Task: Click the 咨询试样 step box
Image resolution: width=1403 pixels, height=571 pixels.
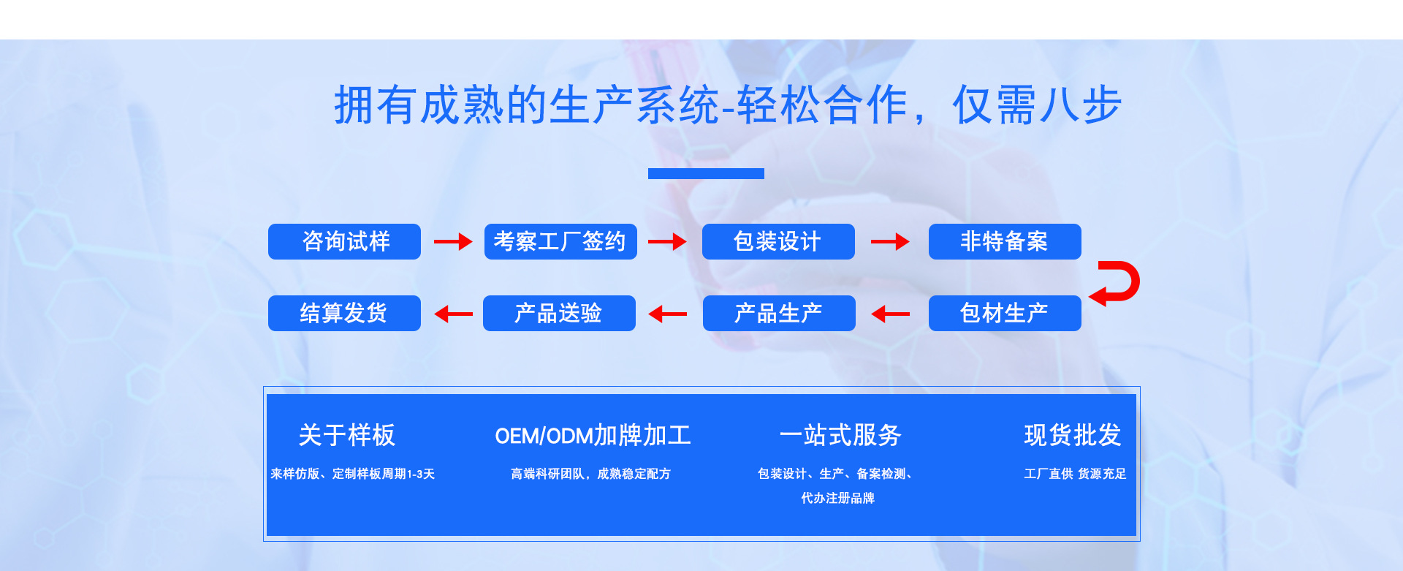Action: [x=344, y=241]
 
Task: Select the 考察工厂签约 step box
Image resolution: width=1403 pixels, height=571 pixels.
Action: [x=560, y=241]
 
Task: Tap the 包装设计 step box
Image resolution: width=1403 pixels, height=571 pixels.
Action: [x=778, y=241]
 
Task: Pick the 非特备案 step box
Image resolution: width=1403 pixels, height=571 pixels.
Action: [x=1005, y=241]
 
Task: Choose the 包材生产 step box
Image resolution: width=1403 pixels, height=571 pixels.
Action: [x=1005, y=313]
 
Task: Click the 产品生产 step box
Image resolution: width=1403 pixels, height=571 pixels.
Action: [x=779, y=313]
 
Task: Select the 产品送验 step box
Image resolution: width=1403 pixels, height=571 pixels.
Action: [x=559, y=313]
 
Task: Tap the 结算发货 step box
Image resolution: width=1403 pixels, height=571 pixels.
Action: [x=344, y=313]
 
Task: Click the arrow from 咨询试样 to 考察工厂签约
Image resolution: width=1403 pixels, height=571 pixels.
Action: [x=453, y=241]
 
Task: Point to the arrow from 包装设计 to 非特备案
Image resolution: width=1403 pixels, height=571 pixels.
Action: [x=890, y=241]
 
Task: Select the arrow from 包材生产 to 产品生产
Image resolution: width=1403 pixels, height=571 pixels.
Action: [x=890, y=314]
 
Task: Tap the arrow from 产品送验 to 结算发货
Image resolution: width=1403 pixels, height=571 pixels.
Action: [x=453, y=314]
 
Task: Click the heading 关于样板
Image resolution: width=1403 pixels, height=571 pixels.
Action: [x=347, y=435]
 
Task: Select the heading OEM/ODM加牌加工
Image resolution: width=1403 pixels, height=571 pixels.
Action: [x=593, y=436]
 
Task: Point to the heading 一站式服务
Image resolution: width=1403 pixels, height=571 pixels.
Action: [x=840, y=435]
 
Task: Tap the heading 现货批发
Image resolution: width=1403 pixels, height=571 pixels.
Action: [x=1073, y=435]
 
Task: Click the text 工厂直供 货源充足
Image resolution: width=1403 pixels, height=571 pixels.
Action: [x=1075, y=474]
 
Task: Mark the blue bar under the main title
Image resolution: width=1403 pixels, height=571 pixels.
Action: [x=706, y=173]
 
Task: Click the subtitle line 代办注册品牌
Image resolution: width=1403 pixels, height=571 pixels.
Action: [x=837, y=498]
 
